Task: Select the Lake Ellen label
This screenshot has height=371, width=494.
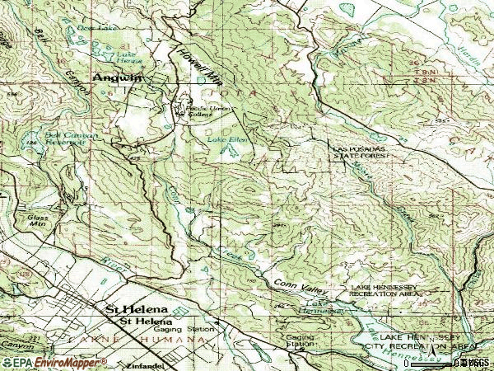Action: [x=226, y=140]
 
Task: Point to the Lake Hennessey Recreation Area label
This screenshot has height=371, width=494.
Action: [x=385, y=289]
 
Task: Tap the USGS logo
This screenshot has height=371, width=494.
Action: [x=475, y=361]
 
